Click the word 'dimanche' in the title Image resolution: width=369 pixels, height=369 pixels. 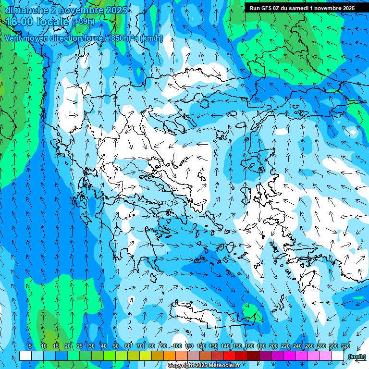pyautogui.click(x=24, y=10)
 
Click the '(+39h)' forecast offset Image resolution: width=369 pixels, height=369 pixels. pyautogui.click(x=84, y=22)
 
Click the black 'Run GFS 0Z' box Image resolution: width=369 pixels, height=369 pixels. pyautogui.click(x=302, y=8)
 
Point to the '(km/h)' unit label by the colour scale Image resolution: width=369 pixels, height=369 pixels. pyautogui.click(x=356, y=356)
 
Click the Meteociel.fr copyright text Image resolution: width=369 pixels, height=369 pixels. pyautogui.click(x=204, y=366)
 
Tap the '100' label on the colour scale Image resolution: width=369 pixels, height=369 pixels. pyautogui.click(x=177, y=346)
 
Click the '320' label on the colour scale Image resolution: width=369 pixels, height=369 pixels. pyautogui.click(x=345, y=346)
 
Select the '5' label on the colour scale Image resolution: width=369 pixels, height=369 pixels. pyautogui.click(x=30, y=346)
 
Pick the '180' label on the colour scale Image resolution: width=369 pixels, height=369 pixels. pyautogui.click(x=261, y=346)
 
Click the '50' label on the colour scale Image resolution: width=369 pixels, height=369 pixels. pyautogui.click(x=115, y=346)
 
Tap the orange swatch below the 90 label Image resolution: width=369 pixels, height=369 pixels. pyautogui.click(x=170, y=356)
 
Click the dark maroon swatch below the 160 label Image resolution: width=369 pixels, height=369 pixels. pyautogui.click(x=254, y=356)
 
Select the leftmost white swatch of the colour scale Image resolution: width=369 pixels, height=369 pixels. pyautogui.click(x=25, y=356)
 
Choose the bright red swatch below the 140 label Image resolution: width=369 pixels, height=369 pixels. pyautogui.click(x=230, y=356)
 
